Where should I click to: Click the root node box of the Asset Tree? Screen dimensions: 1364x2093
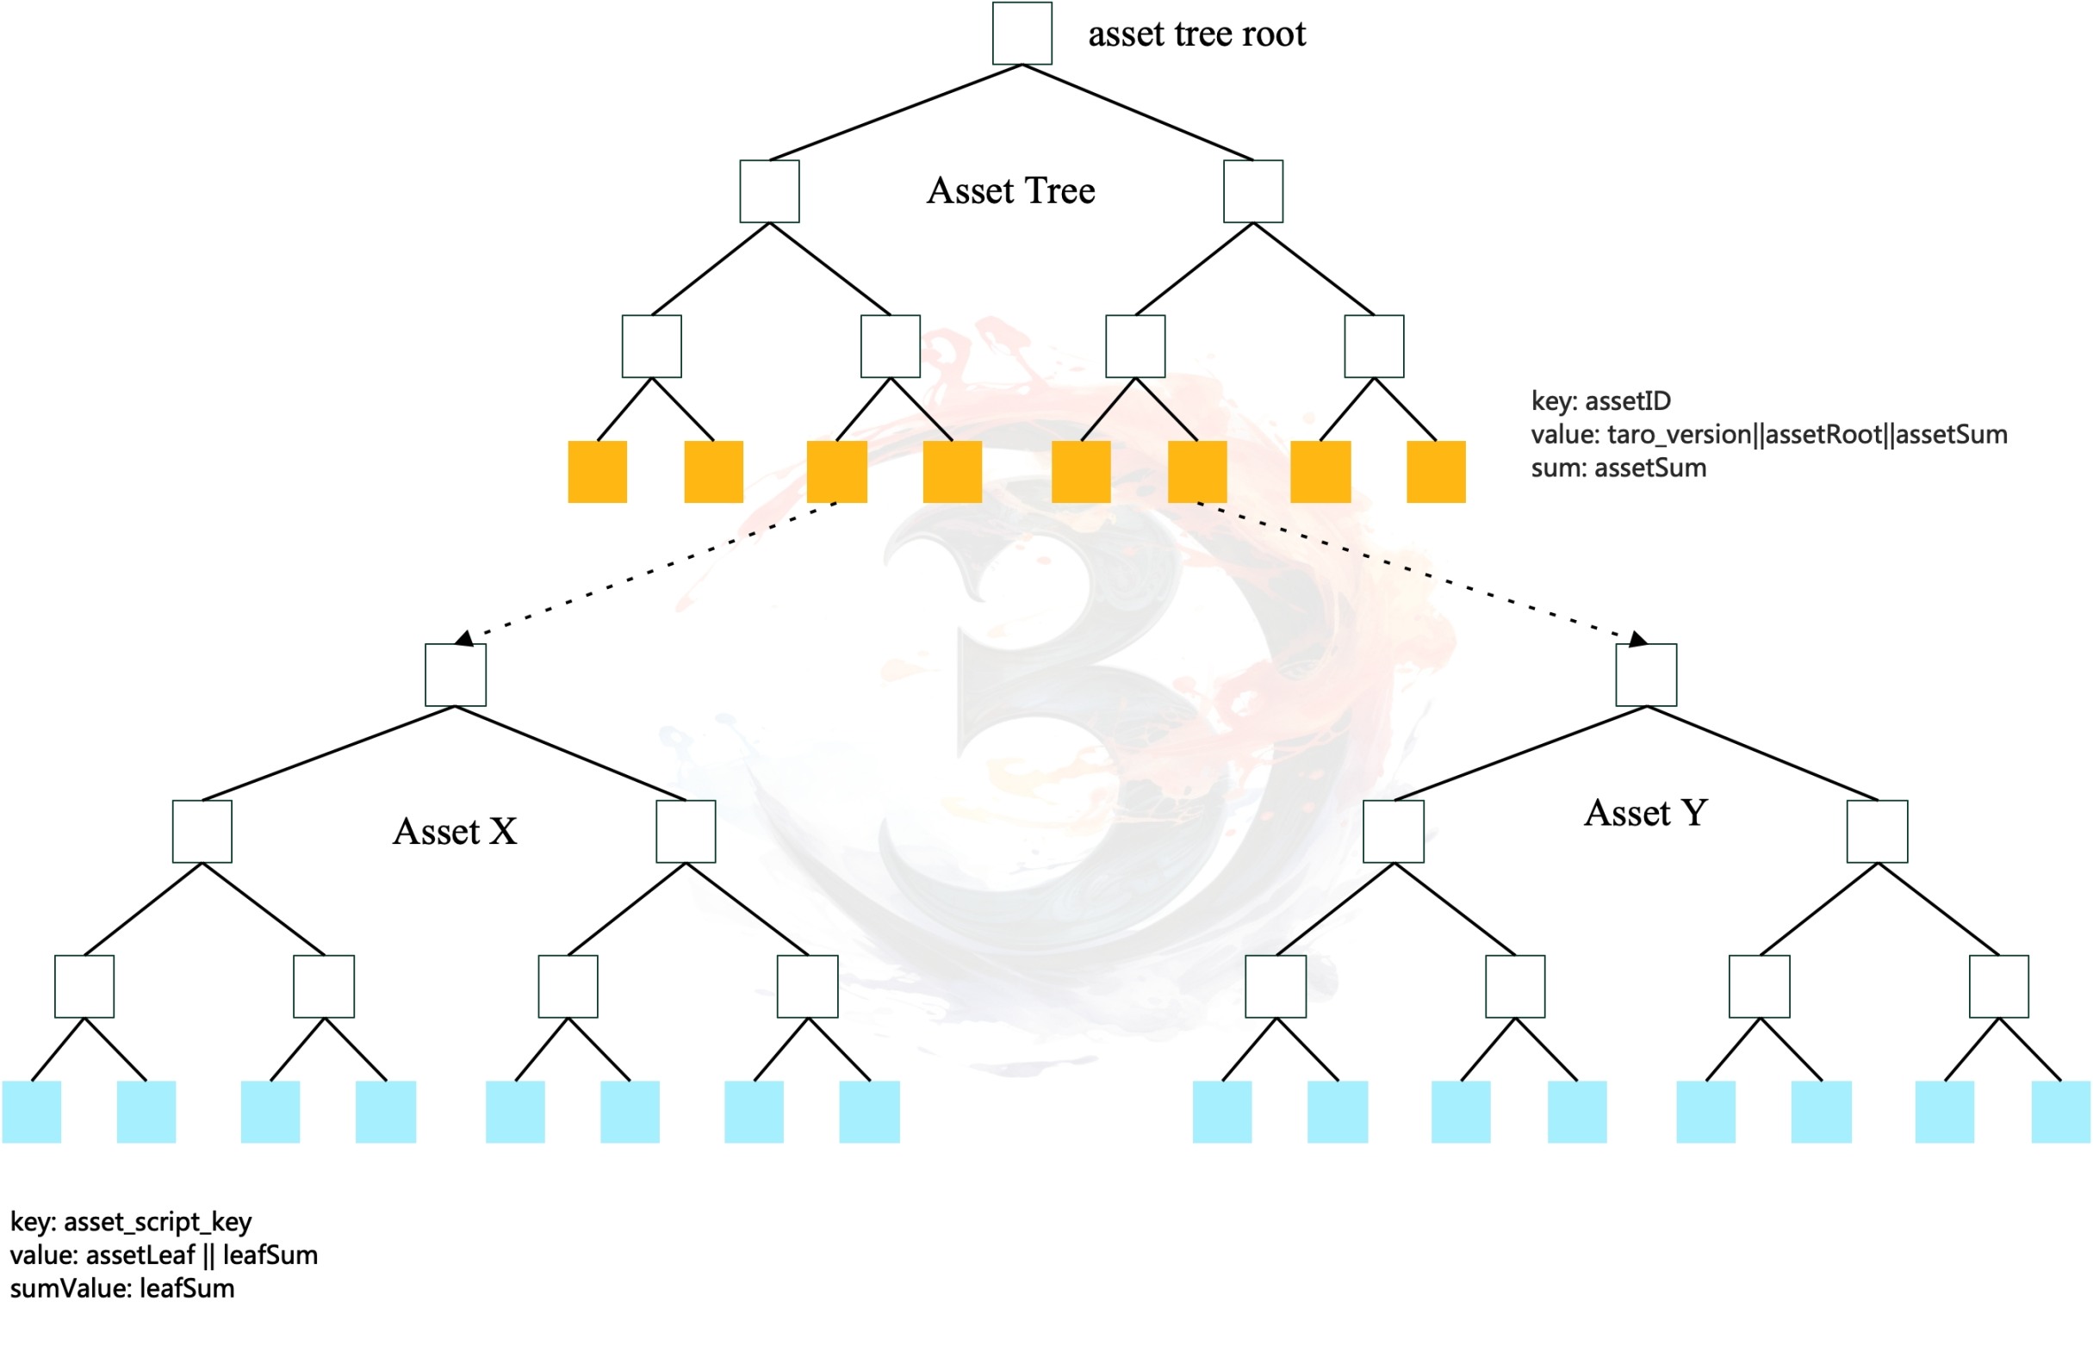(x=1022, y=34)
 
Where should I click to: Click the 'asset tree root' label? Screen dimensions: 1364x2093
(x=1196, y=34)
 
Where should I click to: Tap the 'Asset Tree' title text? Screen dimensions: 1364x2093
(x=1010, y=191)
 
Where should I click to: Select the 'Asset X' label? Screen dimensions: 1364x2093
(x=455, y=832)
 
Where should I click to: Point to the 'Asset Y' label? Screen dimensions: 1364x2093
(x=1645, y=814)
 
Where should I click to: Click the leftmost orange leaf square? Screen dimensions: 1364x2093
(x=597, y=472)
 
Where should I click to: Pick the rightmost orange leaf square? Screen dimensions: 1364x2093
(x=1435, y=472)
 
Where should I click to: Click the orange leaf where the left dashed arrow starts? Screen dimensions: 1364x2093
(x=836, y=472)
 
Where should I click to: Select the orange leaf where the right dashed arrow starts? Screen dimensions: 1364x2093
(x=1197, y=472)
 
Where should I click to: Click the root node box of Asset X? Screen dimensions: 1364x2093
(x=456, y=675)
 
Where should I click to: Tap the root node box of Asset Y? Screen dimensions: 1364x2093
(x=1645, y=675)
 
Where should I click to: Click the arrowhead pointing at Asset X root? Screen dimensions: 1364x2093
(x=465, y=638)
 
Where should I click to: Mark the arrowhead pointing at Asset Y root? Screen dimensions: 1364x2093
(x=1637, y=638)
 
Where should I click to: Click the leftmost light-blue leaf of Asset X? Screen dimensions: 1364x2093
(x=32, y=1113)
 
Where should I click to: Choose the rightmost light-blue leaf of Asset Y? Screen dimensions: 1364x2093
(x=2060, y=1113)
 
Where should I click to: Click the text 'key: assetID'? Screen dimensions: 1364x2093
(x=1600, y=401)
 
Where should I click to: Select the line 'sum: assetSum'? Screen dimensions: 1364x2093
(x=1618, y=468)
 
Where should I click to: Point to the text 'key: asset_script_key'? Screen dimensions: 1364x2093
(x=131, y=1223)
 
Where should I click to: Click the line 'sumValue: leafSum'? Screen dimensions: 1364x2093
(x=122, y=1289)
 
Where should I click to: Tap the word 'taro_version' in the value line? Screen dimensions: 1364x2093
(x=1679, y=435)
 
